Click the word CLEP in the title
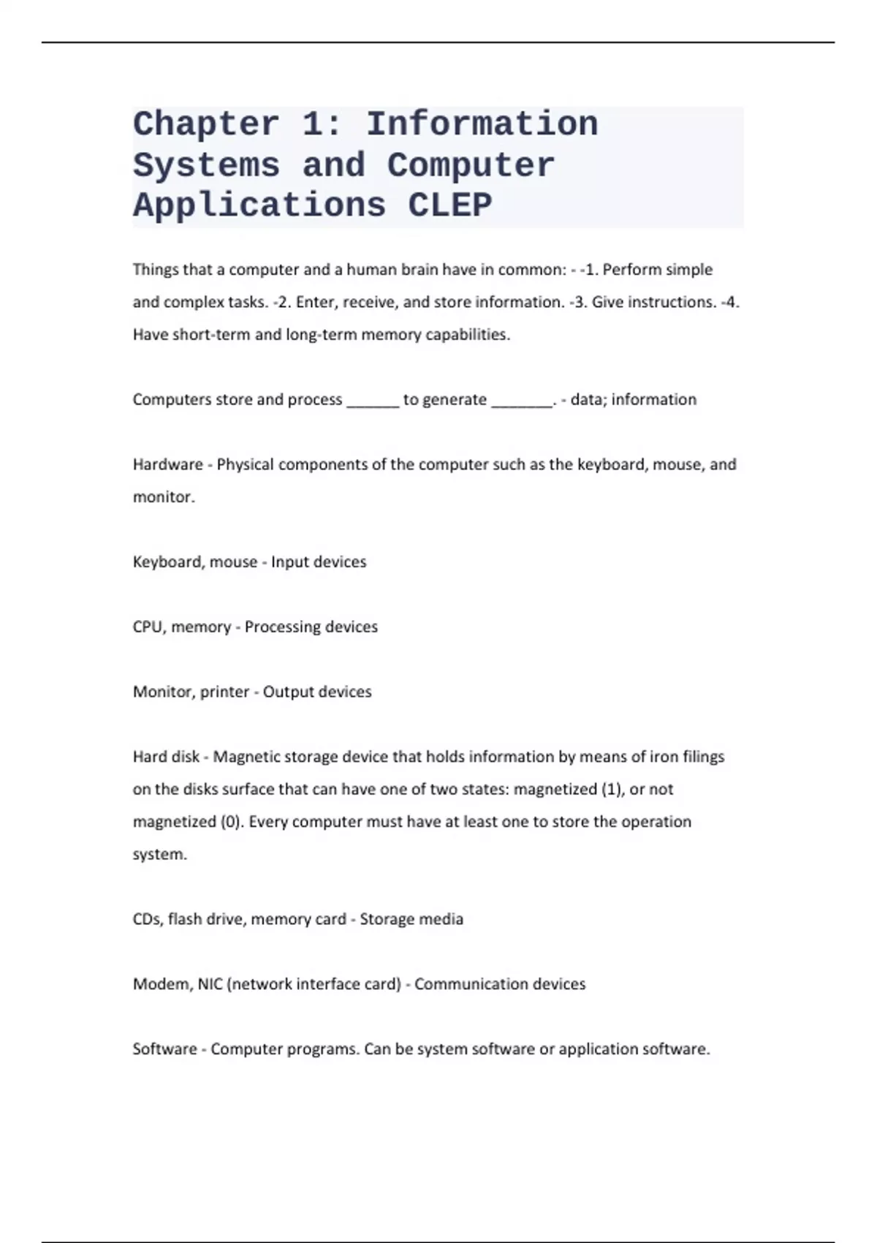click(x=450, y=205)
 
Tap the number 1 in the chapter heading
click(x=312, y=124)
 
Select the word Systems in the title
click(x=206, y=165)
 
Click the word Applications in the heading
click(x=259, y=205)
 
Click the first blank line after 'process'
click(x=373, y=401)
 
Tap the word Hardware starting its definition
click(x=167, y=464)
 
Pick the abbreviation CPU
click(x=148, y=627)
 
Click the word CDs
click(x=146, y=919)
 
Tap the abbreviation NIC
click(x=210, y=984)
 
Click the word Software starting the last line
click(x=164, y=1049)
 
